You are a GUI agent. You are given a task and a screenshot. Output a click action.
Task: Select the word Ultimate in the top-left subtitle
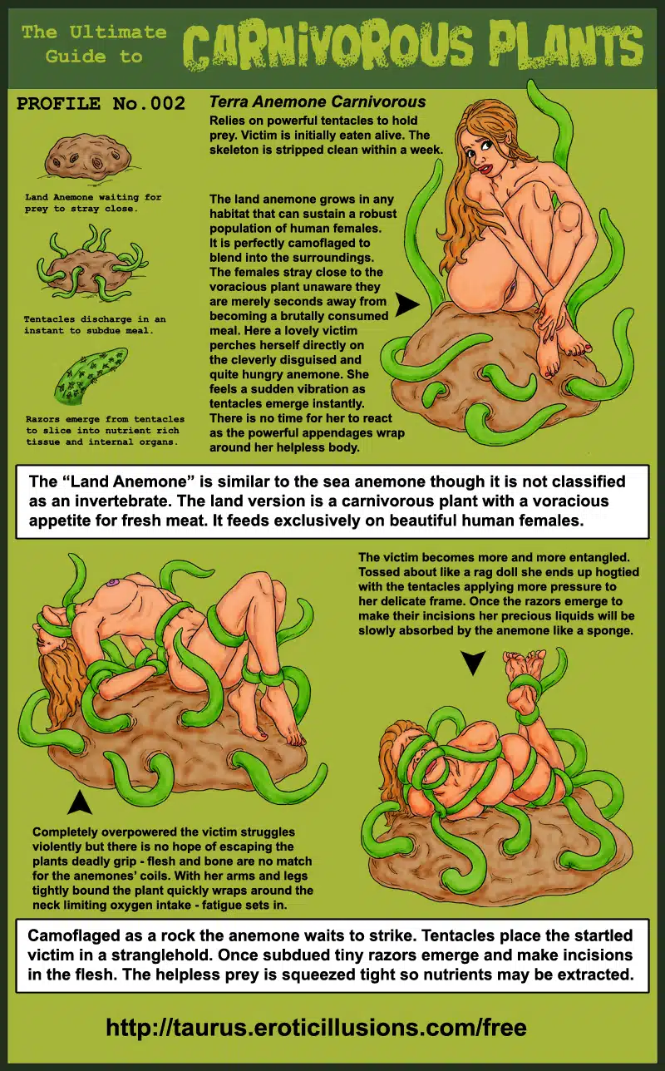point(118,32)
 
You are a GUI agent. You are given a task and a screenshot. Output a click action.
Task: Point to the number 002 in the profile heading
point(167,103)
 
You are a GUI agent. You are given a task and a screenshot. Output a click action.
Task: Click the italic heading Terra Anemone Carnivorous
point(318,101)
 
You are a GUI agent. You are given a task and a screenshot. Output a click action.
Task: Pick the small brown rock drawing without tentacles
point(88,158)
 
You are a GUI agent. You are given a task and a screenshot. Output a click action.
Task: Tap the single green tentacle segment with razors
point(91,375)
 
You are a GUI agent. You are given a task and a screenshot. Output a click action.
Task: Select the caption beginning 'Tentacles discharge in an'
point(95,324)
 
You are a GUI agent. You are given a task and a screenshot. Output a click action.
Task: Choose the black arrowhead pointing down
point(473,662)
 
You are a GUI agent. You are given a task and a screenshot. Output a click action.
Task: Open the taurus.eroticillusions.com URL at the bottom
point(316,1028)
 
